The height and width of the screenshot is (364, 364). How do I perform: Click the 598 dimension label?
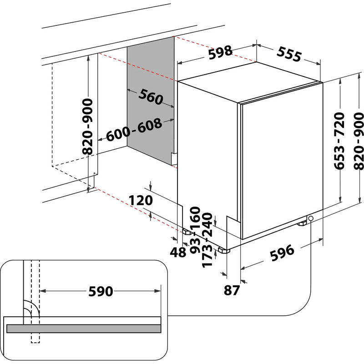pos(220,53)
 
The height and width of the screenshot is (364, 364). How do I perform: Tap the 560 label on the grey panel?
pos(151,97)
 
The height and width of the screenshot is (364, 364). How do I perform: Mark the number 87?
pos(232,290)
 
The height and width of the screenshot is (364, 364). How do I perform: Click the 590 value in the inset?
pos(100,291)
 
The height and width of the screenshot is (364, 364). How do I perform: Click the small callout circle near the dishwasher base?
pos(311,219)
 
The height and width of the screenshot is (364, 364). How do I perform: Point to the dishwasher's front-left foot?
pos(223,250)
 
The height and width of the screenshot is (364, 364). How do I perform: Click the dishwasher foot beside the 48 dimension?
pos(187,232)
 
